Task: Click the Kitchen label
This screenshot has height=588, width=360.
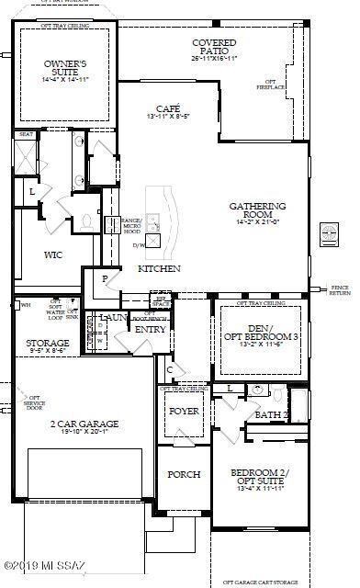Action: click(x=159, y=268)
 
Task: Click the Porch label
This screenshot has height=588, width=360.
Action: click(x=183, y=474)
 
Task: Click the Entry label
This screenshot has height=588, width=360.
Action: click(x=151, y=328)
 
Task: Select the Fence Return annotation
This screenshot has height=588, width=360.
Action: click(x=340, y=291)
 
